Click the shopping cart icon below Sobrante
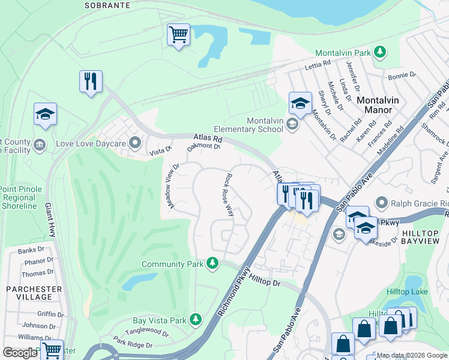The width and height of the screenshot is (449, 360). pos(178,35)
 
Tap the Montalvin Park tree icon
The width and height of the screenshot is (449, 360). pos(379,53)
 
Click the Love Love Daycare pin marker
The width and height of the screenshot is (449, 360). pos(136,143)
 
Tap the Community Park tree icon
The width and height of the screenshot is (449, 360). pos(212,263)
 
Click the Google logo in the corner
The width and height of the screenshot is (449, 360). pos(20,353)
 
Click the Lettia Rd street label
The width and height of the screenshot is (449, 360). pos(318,64)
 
